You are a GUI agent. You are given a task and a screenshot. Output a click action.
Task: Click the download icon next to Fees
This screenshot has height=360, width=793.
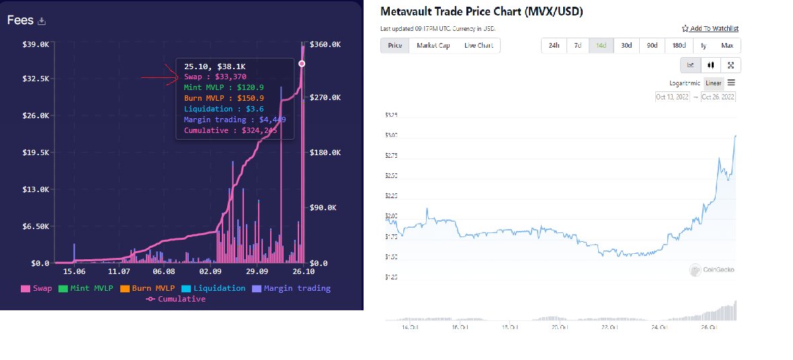[42, 21]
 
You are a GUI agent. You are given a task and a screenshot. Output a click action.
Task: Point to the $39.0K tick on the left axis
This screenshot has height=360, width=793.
[36, 44]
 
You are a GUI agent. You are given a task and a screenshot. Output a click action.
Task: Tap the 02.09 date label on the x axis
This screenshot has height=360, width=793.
[210, 271]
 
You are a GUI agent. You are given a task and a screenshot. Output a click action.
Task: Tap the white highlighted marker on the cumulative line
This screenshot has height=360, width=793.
[301, 63]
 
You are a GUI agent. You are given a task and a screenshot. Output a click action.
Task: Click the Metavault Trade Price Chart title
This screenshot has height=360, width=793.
[481, 11]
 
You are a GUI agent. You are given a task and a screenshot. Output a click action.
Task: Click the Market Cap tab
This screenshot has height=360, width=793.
[433, 46]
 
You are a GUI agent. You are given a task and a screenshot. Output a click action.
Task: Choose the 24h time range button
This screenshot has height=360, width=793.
[554, 46]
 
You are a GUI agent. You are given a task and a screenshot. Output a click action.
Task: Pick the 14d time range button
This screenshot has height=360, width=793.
[601, 46]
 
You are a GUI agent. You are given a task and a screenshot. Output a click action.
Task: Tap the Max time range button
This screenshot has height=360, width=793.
[726, 46]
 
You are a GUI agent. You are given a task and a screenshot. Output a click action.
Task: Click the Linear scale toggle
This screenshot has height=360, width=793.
[713, 83]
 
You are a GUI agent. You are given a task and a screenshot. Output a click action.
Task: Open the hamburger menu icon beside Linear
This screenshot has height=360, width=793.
[731, 83]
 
